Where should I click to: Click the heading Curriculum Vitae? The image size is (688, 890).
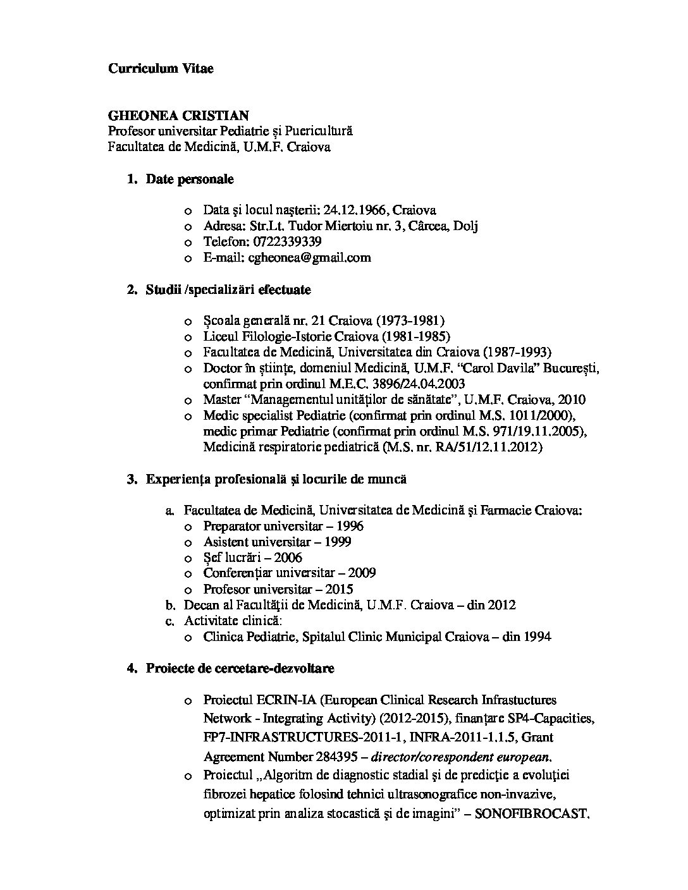(x=161, y=68)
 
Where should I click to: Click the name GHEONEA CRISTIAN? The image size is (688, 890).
(x=178, y=116)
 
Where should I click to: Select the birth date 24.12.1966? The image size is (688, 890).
(x=354, y=210)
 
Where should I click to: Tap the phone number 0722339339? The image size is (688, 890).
(x=287, y=241)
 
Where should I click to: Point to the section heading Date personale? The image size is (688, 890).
(x=190, y=179)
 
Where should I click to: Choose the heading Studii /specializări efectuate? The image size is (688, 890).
(x=228, y=290)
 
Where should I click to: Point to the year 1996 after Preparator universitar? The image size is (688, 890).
(x=350, y=526)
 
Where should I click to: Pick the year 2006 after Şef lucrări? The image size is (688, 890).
(x=288, y=558)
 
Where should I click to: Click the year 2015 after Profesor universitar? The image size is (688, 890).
(x=339, y=589)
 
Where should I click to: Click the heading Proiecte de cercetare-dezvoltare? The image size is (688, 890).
(x=240, y=668)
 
